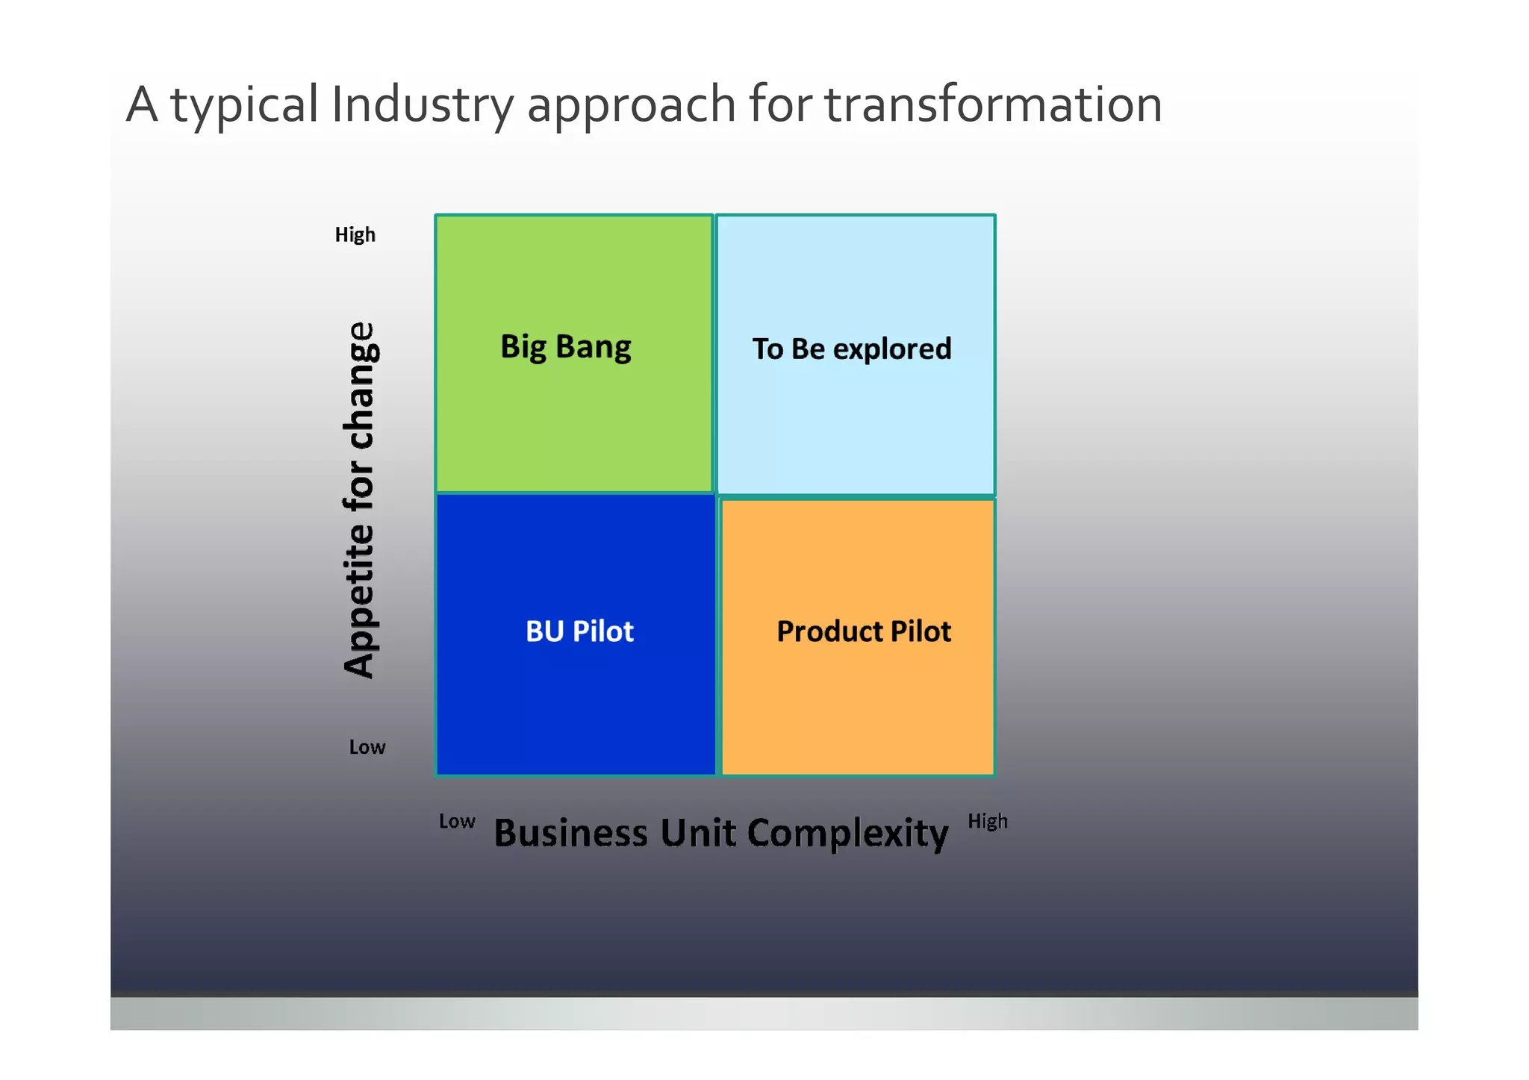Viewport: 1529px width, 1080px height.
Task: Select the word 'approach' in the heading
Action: click(632, 106)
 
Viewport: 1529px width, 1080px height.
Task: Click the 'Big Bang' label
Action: click(565, 347)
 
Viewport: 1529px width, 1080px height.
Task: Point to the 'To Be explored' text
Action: click(851, 349)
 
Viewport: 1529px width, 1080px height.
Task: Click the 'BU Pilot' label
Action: click(579, 631)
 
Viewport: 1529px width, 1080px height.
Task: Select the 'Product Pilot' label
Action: click(864, 631)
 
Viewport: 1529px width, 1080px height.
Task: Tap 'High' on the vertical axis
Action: click(355, 235)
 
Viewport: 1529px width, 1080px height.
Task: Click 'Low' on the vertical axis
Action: click(367, 747)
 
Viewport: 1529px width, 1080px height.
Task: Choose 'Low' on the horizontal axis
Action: click(457, 822)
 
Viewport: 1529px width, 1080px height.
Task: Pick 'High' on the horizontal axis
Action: click(987, 822)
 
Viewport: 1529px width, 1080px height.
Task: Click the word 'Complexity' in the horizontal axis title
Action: click(847, 834)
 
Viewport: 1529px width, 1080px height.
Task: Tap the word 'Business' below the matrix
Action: click(571, 833)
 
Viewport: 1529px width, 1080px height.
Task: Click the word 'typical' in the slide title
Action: click(245, 106)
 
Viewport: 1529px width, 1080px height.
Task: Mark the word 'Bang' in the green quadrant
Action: click(594, 348)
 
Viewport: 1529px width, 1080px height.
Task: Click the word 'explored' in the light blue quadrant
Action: click(892, 349)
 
